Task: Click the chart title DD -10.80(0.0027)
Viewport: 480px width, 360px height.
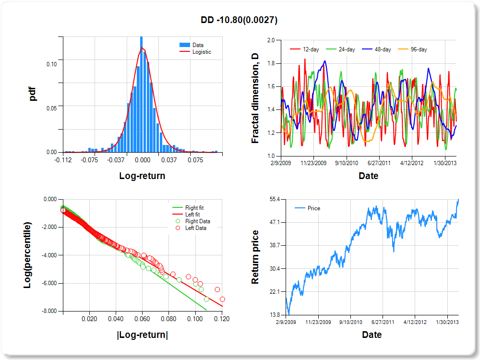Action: point(239,20)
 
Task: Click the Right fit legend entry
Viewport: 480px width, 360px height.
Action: point(194,208)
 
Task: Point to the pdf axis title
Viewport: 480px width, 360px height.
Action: point(33,94)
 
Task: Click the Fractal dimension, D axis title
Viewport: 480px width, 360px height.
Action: point(256,98)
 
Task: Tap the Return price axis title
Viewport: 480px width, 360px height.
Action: point(255,257)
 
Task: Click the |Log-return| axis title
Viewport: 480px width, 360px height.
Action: point(143,335)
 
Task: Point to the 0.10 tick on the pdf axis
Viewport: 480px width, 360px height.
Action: point(51,64)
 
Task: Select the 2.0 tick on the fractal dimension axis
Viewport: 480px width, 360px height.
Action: point(271,40)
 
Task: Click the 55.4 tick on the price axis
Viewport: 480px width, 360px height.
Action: point(267,199)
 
